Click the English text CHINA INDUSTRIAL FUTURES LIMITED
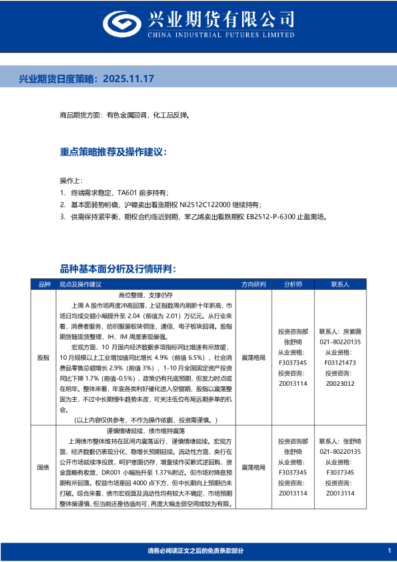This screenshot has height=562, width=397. tap(226, 33)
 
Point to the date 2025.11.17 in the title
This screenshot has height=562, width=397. tap(129, 79)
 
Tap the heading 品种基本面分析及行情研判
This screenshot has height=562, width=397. tap(118, 268)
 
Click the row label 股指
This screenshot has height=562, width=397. tap(43, 357)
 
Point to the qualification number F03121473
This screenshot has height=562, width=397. tap(343, 362)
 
